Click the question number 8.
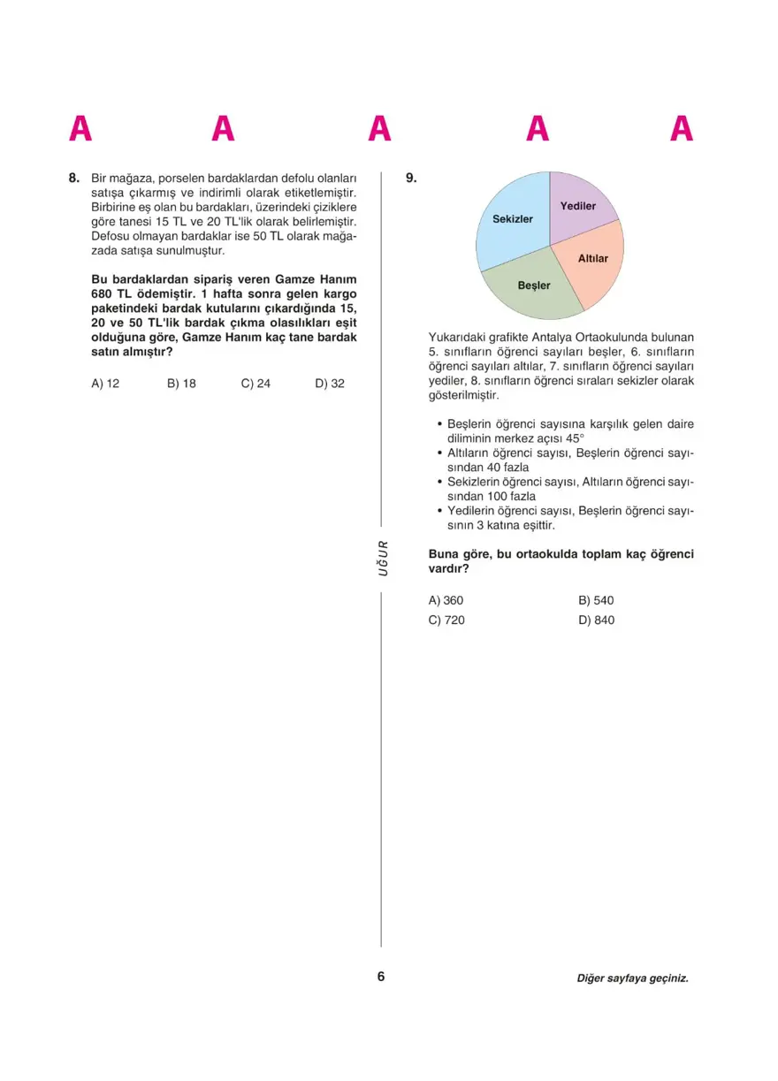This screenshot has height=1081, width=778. tap(74, 178)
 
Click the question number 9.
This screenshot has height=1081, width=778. tap(410, 178)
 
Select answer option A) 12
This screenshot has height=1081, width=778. tap(105, 384)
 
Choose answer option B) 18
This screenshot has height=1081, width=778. tap(181, 384)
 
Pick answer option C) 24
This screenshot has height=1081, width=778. tap(256, 384)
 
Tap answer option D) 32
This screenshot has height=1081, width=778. tap(330, 384)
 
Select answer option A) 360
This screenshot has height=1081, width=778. tap(446, 600)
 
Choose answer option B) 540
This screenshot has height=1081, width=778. tap(596, 600)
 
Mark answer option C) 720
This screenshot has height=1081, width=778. tap(446, 620)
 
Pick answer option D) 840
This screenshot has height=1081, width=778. tap(596, 620)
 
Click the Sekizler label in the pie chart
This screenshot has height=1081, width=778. tap(513, 218)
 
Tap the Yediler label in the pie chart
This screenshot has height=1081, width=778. tap(578, 206)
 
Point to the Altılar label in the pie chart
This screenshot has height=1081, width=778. tap(593, 258)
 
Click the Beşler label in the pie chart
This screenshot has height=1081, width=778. tap(534, 285)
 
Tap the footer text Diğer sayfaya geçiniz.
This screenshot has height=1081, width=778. tap(632, 978)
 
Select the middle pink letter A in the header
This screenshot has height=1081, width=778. tap(380, 129)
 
